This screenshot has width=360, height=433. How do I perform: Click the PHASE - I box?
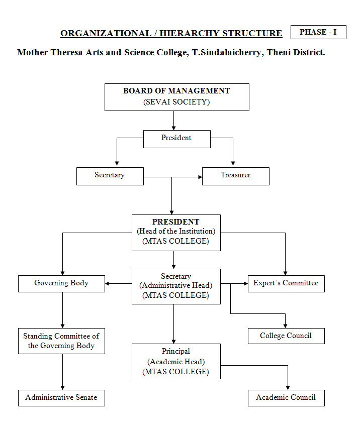[318, 32]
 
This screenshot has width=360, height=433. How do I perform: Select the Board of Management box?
[176, 97]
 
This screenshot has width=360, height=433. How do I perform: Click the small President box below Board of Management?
[176, 139]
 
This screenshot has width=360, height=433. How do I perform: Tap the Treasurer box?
[236, 176]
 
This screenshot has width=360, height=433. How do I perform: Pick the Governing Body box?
[61, 284]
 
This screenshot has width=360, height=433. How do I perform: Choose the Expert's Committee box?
[286, 284]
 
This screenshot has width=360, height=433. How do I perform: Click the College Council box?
[286, 336]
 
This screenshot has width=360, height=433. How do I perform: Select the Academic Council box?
[286, 398]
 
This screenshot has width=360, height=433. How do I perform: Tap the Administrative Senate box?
[61, 398]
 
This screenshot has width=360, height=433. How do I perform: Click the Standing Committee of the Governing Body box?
[61, 341]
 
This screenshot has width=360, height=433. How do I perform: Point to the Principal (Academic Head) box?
[176, 361]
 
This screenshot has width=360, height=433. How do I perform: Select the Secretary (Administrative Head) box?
[176, 287]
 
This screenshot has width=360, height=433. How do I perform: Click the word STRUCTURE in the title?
[252, 33]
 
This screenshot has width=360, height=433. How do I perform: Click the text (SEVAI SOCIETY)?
[176, 102]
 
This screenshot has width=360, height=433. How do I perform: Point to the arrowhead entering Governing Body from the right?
[107, 284]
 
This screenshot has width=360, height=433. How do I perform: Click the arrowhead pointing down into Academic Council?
[288, 388]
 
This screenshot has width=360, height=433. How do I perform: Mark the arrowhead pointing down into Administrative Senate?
[62, 388]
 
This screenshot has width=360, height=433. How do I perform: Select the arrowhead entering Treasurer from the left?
[200, 177]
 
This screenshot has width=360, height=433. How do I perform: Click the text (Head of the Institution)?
[176, 231]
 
